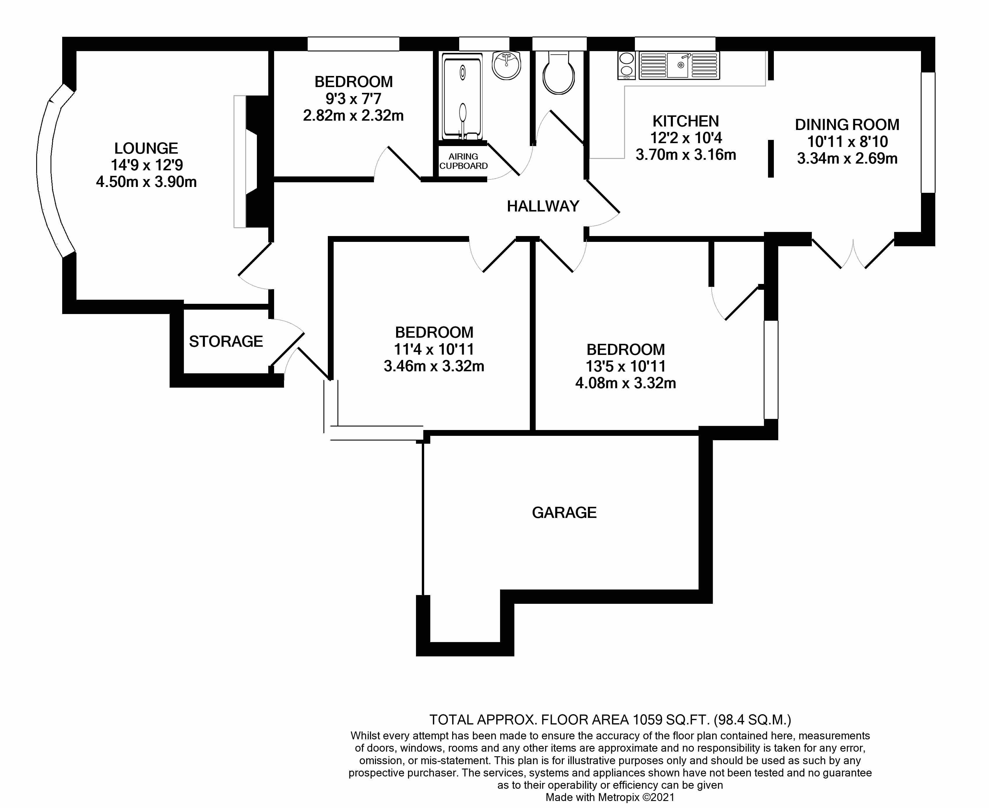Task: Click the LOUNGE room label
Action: click(146, 148)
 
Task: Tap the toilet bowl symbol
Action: click(559, 74)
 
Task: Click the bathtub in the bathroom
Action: click(462, 96)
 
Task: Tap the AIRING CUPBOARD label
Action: click(463, 161)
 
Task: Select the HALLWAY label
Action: click(543, 206)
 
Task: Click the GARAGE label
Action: click(564, 512)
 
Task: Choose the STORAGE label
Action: click(226, 341)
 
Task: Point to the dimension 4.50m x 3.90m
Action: click(146, 182)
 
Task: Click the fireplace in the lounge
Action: click(254, 162)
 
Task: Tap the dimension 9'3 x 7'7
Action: click(353, 99)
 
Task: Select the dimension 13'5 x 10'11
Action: click(625, 366)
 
